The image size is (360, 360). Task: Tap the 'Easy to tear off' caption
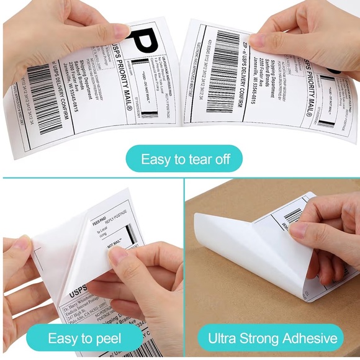pyautogui.click(x=184, y=159)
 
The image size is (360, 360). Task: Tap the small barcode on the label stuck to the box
pyautogui.click(x=292, y=215)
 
